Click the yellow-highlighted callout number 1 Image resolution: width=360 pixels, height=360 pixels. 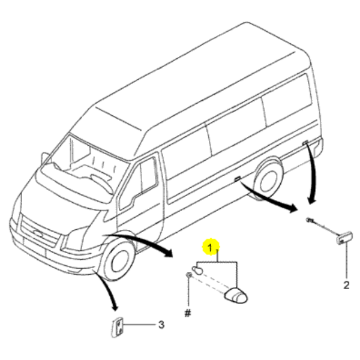click(x=210, y=248)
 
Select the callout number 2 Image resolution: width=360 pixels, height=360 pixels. click(x=346, y=285)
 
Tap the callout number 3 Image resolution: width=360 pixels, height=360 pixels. click(x=161, y=325)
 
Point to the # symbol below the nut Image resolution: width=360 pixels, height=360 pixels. click(x=188, y=313)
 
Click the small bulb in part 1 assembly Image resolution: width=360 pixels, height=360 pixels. click(x=197, y=270)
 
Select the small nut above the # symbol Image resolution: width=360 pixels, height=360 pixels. click(x=189, y=275)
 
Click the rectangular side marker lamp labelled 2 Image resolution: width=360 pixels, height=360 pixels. click(x=344, y=238)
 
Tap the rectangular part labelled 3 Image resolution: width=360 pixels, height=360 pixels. click(x=118, y=328)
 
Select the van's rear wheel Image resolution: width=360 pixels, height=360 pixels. click(x=269, y=179)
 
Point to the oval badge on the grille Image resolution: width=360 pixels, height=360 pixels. click(x=38, y=233)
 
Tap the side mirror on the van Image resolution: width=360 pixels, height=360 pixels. click(x=44, y=157)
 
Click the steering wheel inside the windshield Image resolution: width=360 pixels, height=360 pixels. click(x=101, y=183)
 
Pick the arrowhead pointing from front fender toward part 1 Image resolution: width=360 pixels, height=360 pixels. click(x=168, y=253)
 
